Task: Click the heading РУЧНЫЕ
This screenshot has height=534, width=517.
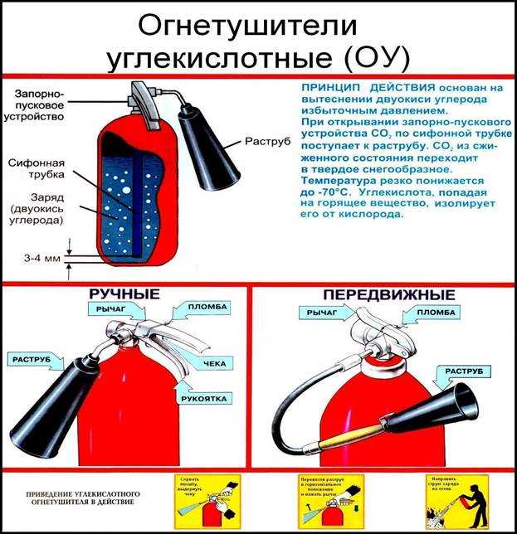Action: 124,295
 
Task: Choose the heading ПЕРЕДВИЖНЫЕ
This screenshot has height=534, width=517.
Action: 386,295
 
